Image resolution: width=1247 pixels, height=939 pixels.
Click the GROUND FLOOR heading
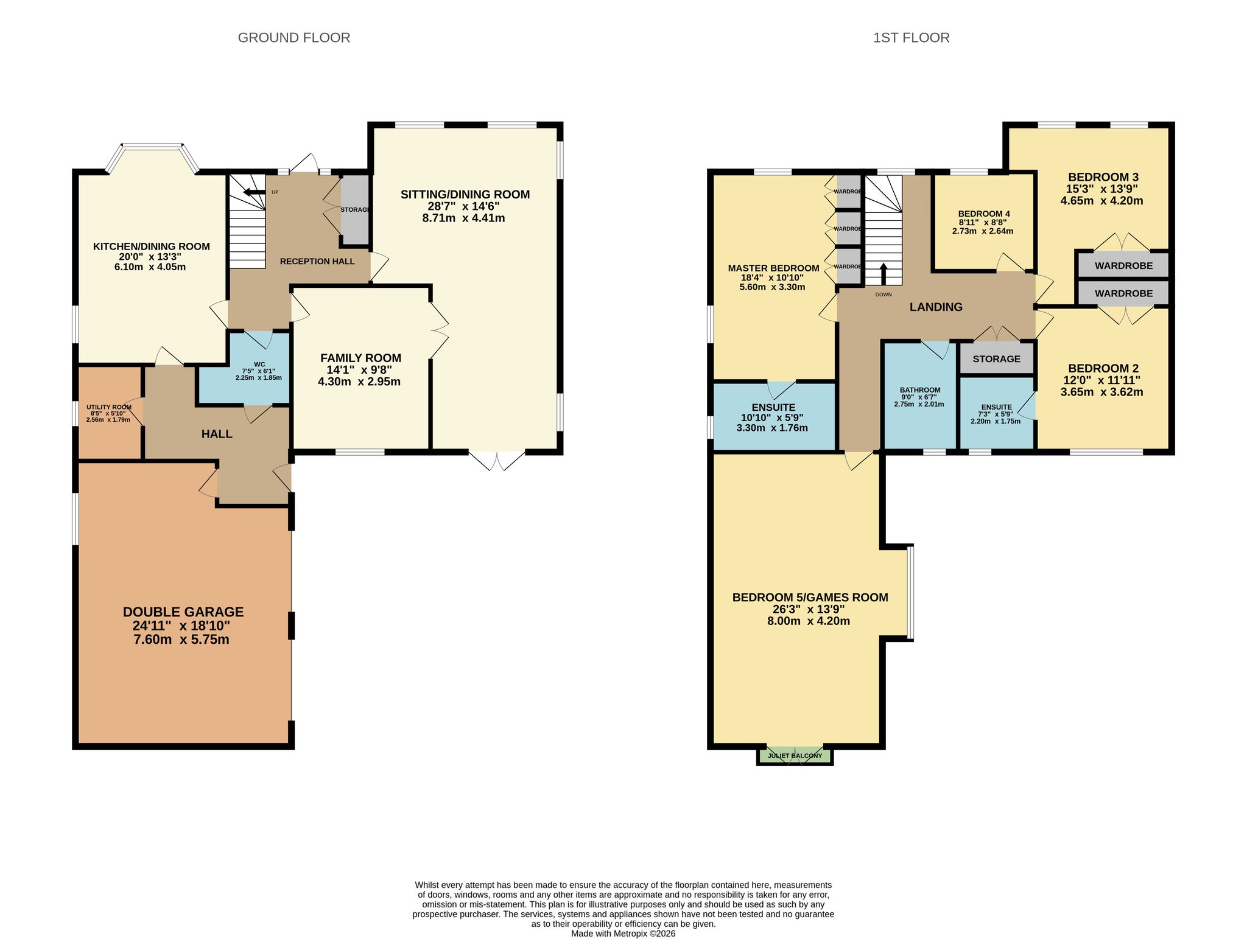293,38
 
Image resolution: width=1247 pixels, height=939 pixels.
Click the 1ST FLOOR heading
911,38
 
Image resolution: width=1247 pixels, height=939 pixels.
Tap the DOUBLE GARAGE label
183,612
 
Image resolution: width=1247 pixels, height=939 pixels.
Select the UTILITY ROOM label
108,407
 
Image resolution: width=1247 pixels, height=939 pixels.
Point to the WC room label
259,365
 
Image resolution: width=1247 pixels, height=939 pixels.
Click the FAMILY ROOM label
360,358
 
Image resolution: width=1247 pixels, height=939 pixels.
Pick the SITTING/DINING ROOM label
465,194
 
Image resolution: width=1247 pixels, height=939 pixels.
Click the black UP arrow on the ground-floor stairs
254,193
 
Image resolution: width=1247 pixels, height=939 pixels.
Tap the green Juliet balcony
795,756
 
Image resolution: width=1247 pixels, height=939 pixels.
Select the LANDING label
936,307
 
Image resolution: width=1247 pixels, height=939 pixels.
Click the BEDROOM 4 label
984,214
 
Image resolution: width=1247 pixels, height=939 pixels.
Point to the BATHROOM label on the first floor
920,390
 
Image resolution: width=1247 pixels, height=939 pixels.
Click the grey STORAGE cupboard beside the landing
996,359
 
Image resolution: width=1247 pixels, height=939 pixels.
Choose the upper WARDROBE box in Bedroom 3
1123,265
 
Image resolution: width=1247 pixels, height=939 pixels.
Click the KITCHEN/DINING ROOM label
151,246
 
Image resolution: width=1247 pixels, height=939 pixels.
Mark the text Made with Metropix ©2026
623,934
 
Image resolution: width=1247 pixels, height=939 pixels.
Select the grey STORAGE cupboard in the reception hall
354,209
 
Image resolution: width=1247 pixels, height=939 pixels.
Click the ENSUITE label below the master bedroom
773,407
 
